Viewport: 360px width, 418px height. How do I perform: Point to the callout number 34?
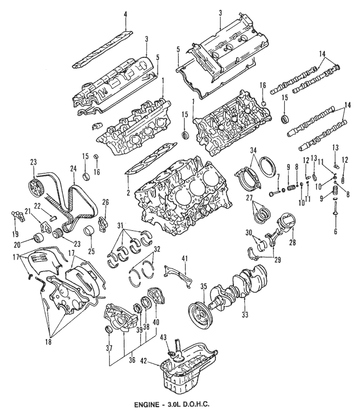(x=253, y=150)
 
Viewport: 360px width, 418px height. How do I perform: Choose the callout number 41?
(x=184, y=260)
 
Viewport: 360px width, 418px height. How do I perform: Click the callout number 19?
(x=15, y=234)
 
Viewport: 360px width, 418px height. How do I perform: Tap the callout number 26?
(x=106, y=203)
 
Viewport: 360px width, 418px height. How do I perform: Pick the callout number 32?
(x=157, y=249)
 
